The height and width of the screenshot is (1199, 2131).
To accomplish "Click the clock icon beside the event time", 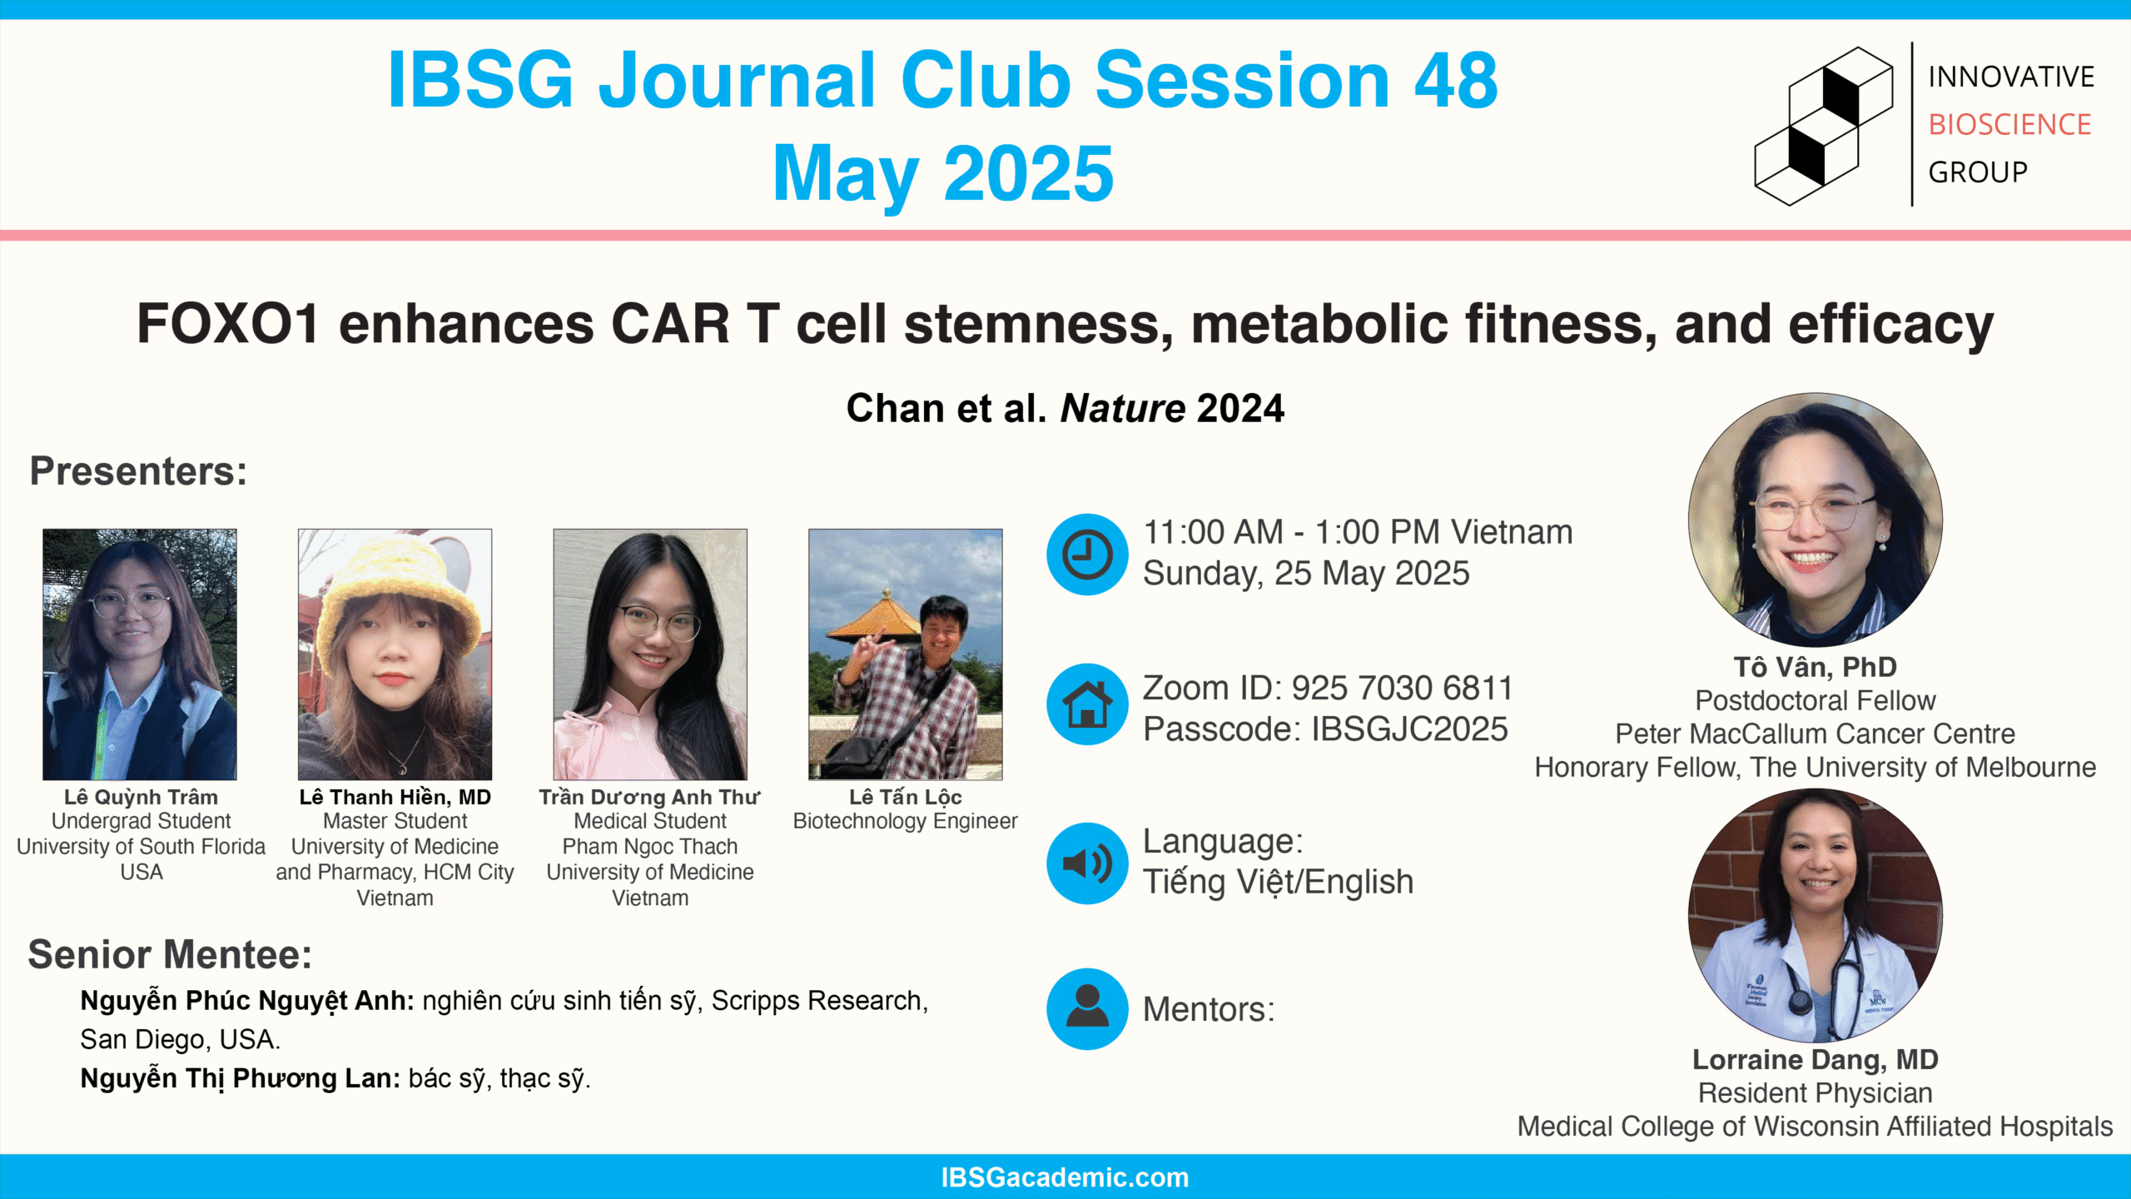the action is point(1087,555).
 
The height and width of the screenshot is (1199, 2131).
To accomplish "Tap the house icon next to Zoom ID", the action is point(1087,704).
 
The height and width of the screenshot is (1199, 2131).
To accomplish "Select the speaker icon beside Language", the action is point(1087,863).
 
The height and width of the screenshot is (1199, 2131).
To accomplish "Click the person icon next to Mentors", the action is point(1087,1009).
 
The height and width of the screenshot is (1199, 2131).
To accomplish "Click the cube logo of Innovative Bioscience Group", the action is point(1823,125).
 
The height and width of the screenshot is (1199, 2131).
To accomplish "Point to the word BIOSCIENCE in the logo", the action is point(2009,125).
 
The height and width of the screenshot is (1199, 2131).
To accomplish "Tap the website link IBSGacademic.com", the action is point(1065,1177).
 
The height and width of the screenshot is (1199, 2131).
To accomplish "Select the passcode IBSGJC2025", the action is point(1409,729).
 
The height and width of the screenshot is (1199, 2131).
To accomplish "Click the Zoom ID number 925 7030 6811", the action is point(1402,689).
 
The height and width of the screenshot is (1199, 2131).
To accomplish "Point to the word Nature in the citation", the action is point(1122,409).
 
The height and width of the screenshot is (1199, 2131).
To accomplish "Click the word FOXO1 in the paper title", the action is point(228,324).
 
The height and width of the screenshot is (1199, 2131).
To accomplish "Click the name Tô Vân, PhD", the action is point(1816,667).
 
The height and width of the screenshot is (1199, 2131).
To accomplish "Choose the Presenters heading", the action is point(138,471).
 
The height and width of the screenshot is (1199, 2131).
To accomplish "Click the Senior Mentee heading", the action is point(170,954).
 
